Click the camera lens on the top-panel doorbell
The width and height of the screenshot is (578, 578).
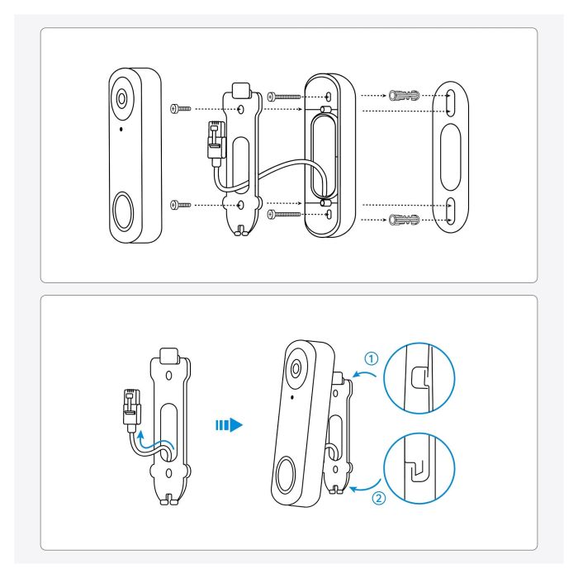pos(123,97)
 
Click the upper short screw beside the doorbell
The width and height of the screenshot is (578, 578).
pos(179,108)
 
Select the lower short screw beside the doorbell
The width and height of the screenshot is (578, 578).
pos(179,203)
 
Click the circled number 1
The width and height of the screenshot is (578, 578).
pos(372,358)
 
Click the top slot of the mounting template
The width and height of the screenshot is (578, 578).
pos(452,102)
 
